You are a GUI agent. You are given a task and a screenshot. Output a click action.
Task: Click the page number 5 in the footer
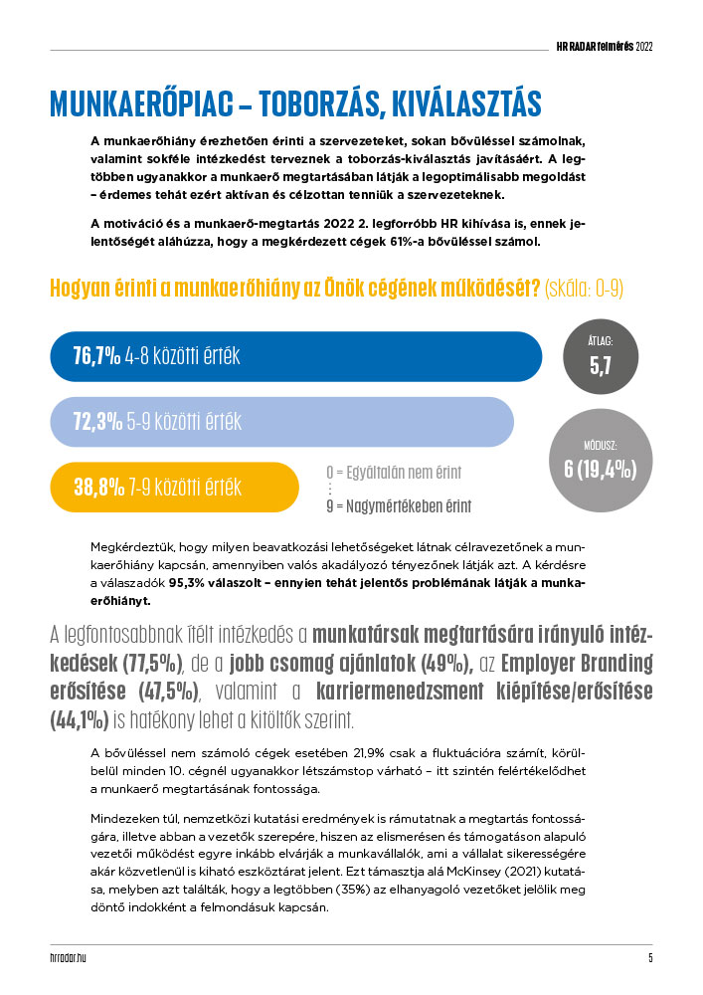[649, 958]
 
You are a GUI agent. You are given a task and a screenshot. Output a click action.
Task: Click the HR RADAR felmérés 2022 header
[604, 46]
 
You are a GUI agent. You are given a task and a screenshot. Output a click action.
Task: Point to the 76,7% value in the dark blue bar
[96, 356]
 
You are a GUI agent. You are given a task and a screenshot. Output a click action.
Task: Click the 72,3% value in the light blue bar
[96, 422]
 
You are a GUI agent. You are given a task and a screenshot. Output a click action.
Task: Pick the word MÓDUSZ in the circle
[600, 446]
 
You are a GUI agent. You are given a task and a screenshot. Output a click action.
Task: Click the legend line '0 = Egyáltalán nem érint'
[394, 472]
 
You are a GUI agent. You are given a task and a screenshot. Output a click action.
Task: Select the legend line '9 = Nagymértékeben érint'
[398, 506]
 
